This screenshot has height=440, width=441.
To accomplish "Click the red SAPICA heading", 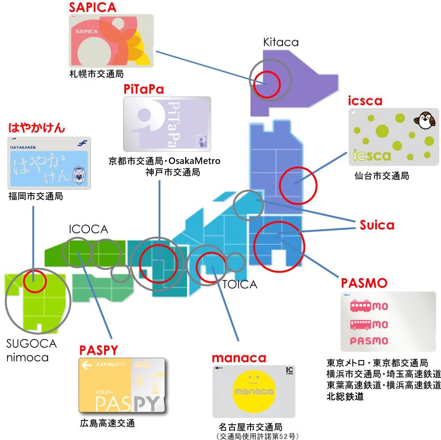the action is coord(93,7).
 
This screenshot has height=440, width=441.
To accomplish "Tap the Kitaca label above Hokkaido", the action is coord(280,42).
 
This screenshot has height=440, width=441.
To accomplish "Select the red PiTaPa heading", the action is coord(144,89).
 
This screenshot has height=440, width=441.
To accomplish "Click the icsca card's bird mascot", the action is coord(424,120).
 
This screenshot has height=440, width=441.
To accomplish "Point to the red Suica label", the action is coord(377,225).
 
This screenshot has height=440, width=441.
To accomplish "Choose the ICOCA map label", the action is coord(88,229).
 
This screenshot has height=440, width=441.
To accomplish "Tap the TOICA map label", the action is coord(239,284).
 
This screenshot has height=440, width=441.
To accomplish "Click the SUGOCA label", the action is coord(31,343).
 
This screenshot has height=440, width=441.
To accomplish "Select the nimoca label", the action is coord(27,358).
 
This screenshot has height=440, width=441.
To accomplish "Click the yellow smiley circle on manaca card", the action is coord(254,391).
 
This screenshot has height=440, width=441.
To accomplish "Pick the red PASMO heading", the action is coord(364,283).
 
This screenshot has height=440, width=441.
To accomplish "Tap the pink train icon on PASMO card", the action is coord(361,306).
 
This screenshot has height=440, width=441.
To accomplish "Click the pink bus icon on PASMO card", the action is coord(361,324).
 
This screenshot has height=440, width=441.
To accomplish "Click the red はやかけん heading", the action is coord(37,128).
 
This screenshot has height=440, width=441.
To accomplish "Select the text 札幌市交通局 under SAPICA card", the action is coord(97,74).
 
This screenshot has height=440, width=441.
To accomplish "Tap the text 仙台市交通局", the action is coord(381,176).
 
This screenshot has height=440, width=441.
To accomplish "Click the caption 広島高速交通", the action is coord(108,423).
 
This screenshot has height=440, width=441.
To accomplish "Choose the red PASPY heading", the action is coord(98,351).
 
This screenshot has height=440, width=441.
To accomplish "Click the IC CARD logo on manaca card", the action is coord(289,370).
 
